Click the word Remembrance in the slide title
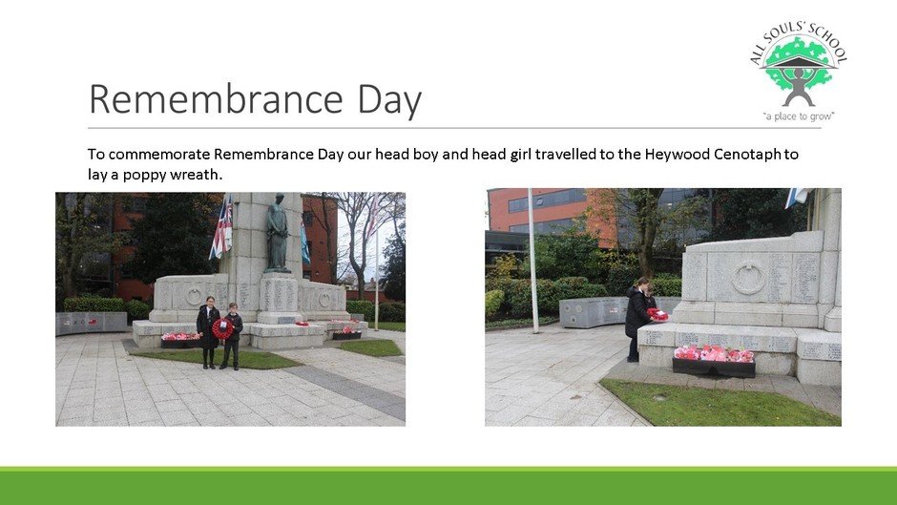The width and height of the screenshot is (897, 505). [216, 99]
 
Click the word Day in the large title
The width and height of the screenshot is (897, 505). [389, 102]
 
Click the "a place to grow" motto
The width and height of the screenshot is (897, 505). [799, 116]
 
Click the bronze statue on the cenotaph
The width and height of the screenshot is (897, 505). [278, 233]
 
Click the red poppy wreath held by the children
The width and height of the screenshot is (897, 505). [222, 328]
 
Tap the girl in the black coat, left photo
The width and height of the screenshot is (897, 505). [208, 332]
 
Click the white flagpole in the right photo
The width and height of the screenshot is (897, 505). [532, 261]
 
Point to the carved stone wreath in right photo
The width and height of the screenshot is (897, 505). [748, 278]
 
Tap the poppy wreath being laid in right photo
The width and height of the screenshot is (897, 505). [657, 314]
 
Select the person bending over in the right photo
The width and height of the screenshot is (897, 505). [639, 319]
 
